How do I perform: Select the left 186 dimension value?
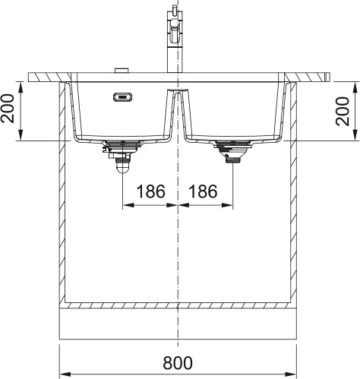pos(150,191)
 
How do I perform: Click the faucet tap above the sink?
pos(174,38)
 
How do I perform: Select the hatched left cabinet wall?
pos(62,190)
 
